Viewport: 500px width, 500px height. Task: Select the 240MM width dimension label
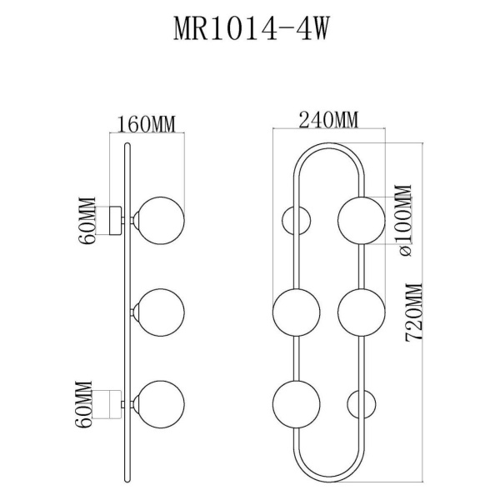point(328,119)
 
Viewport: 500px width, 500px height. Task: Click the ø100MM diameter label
point(406,221)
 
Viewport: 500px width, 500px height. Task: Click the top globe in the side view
point(161,219)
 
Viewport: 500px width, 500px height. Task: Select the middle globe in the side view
point(161,311)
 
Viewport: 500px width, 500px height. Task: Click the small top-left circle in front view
point(297,221)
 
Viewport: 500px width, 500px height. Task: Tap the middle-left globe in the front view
point(297,312)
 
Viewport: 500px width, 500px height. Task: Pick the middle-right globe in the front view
point(361,312)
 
